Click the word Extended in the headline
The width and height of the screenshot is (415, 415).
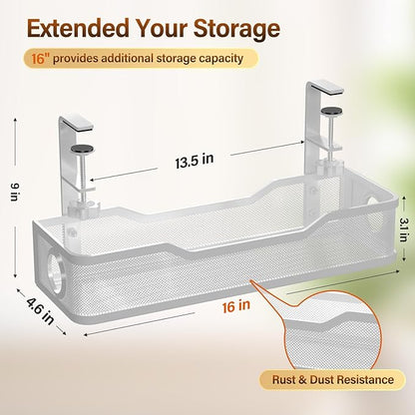coord(79,28)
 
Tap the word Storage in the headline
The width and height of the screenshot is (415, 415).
coord(236,30)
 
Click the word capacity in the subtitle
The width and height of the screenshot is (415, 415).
coord(225,59)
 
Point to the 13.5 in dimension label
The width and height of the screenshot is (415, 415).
coord(195,161)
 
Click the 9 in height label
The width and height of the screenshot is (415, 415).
coord(14,192)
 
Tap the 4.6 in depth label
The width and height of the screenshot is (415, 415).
coord(41,311)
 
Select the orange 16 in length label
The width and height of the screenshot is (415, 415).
coord(236,305)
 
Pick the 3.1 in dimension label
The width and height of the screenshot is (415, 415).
coord(404,229)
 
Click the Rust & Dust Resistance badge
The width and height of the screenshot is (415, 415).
coord(332,380)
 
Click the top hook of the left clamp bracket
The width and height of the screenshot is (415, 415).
coord(77,121)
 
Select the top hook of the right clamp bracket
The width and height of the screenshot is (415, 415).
coord(325,88)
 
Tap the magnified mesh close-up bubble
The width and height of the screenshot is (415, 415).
coord(330,332)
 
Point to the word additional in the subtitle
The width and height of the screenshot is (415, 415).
coord(127,59)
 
